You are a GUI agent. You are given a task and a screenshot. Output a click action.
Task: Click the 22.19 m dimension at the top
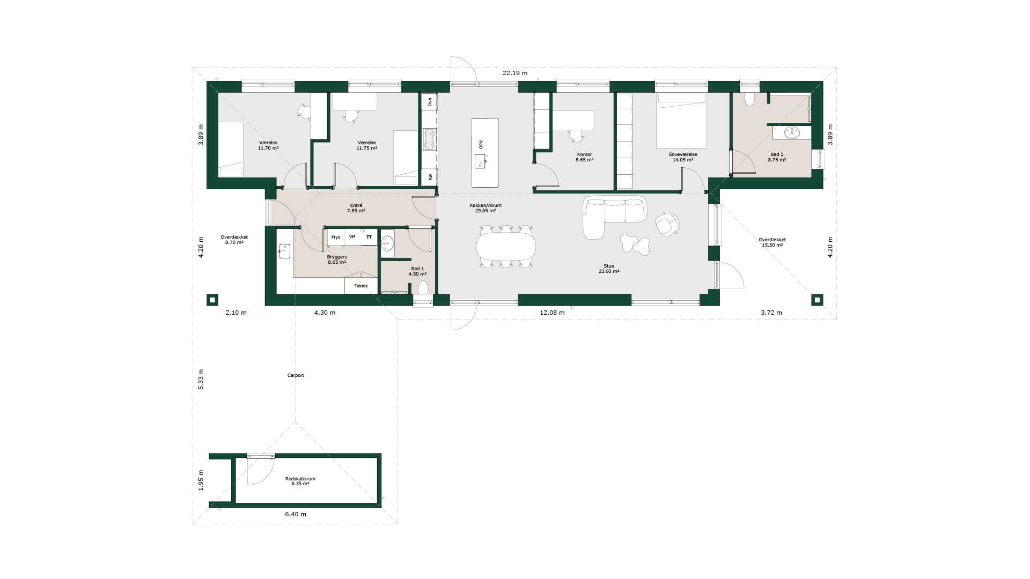tap(514, 73)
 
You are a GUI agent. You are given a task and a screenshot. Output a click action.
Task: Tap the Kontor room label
tap(584, 154)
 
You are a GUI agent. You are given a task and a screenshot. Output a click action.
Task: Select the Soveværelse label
tap(683, 154)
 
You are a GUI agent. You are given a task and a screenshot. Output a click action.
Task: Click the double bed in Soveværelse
tap(681, 121)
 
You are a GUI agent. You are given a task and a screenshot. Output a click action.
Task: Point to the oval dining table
tap(506, 246)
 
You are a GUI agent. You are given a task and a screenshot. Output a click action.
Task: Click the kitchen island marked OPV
tap(485, 153)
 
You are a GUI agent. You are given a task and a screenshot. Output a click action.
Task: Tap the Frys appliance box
tap(336, 237)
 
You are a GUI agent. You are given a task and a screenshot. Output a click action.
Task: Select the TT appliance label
tap(369, 236)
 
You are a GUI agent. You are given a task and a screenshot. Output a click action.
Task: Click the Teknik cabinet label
tap(361, 286)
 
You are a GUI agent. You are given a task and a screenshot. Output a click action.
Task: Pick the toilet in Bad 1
tap(423, 287)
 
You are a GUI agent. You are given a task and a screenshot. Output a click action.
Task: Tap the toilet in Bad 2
tap(749, 99)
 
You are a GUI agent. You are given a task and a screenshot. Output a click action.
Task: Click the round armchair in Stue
tap(667, 224)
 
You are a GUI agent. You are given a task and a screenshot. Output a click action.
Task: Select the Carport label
tap(296, 375)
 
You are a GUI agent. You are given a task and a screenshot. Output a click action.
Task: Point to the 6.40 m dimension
tap(296, 514)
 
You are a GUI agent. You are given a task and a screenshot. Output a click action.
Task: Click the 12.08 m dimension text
tap(552, 313)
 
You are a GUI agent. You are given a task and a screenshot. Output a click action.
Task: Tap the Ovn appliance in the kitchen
tap(430, 102)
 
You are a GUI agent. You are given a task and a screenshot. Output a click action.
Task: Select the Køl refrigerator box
tap(430, 176)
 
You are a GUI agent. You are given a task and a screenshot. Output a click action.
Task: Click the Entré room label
tap(356, 205)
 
